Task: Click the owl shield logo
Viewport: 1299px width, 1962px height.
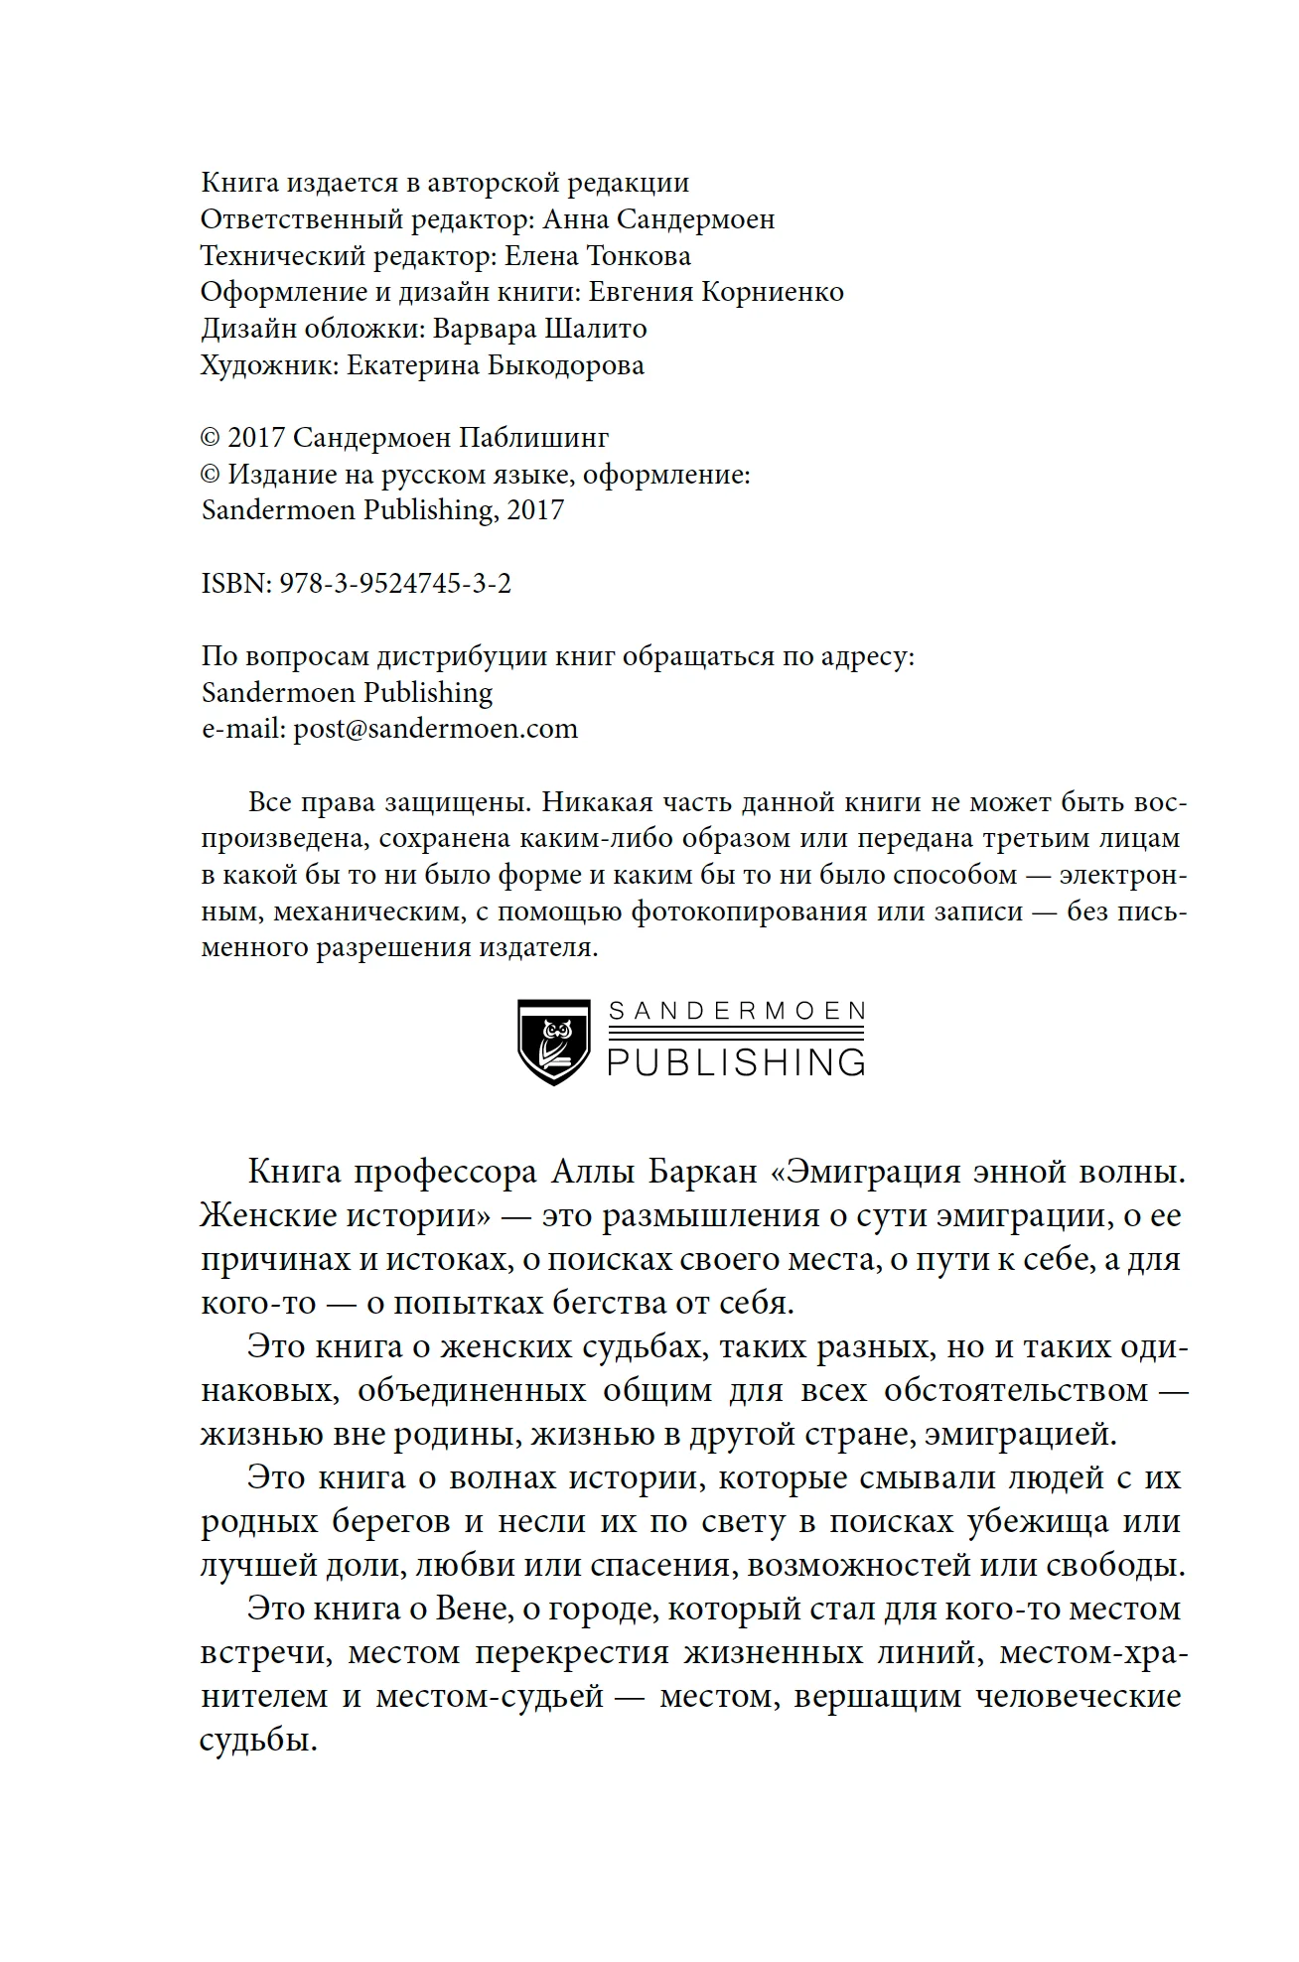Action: pyautogui.click(x=554, y=1042)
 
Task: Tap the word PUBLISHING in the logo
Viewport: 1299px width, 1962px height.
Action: pyautogui.click(x=736, y=1062)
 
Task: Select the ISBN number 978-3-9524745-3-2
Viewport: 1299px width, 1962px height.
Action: pyautogui.click(x=395, y=584)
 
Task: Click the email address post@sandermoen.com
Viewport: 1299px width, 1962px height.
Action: pyautogui.click(x=435, y=729)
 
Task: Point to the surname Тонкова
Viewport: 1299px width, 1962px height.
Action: pyautogui.click(x=639, y=256)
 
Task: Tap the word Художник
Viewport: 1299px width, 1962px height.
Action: pyautogui.click(x=268, y=365)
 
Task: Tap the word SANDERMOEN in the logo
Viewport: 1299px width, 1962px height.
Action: pyautogui.click(x=736, y=1012)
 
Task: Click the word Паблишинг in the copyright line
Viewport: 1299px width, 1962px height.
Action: pyautogui.click(x=533, y=438)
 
